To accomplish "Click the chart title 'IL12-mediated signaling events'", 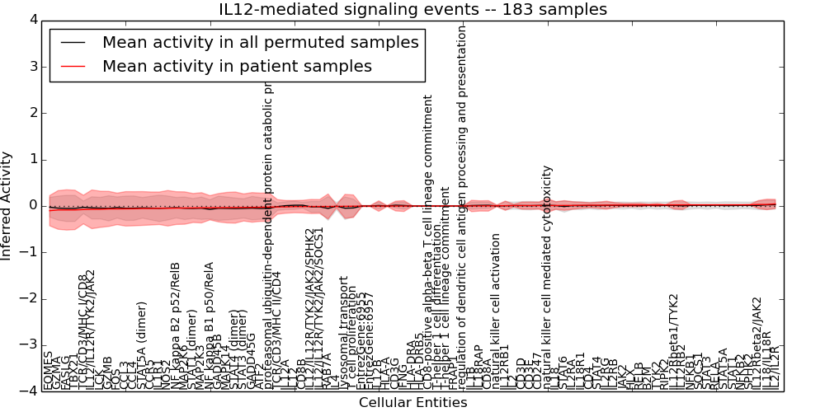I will pyautogui.click(x=412, y=10).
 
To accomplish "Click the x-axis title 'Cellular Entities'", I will pyautogui.click(x=412, y=403).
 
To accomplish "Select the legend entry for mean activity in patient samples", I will pyautogui.click(x=237, y=67).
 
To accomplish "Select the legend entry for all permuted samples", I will pyautogui.click(x=260, y=42).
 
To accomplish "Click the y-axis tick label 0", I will pyautogui.click(x=32, y=206).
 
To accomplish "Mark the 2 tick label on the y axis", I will pyautogui.click(x=32, y=113).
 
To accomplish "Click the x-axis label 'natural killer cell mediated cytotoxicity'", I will pyautogui.click(x=547, y=277).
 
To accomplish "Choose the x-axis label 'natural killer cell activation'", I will pyautogui.click(x=496, y=311).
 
